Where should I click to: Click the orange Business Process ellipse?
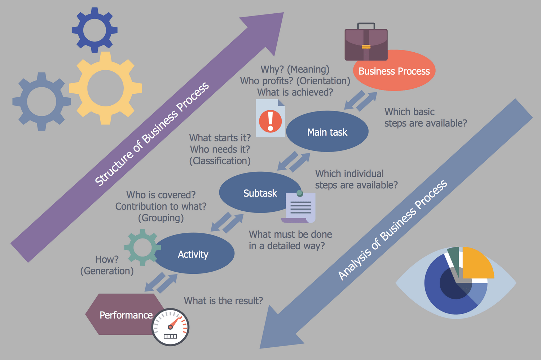(395, 71)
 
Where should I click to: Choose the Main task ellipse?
(327, 132)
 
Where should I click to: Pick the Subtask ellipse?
(260, 193)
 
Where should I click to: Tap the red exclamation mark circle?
(270, 121)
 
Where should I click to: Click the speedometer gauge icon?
(171, 327)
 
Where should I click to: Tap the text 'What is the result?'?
(223, 301)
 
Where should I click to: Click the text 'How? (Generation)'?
(107, 265)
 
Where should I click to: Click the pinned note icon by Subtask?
(299, 207)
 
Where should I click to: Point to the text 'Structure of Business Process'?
(152, 134)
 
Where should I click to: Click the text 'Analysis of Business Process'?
(392, 230)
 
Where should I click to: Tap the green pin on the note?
(300, 193)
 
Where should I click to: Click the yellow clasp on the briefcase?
(366, 47)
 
